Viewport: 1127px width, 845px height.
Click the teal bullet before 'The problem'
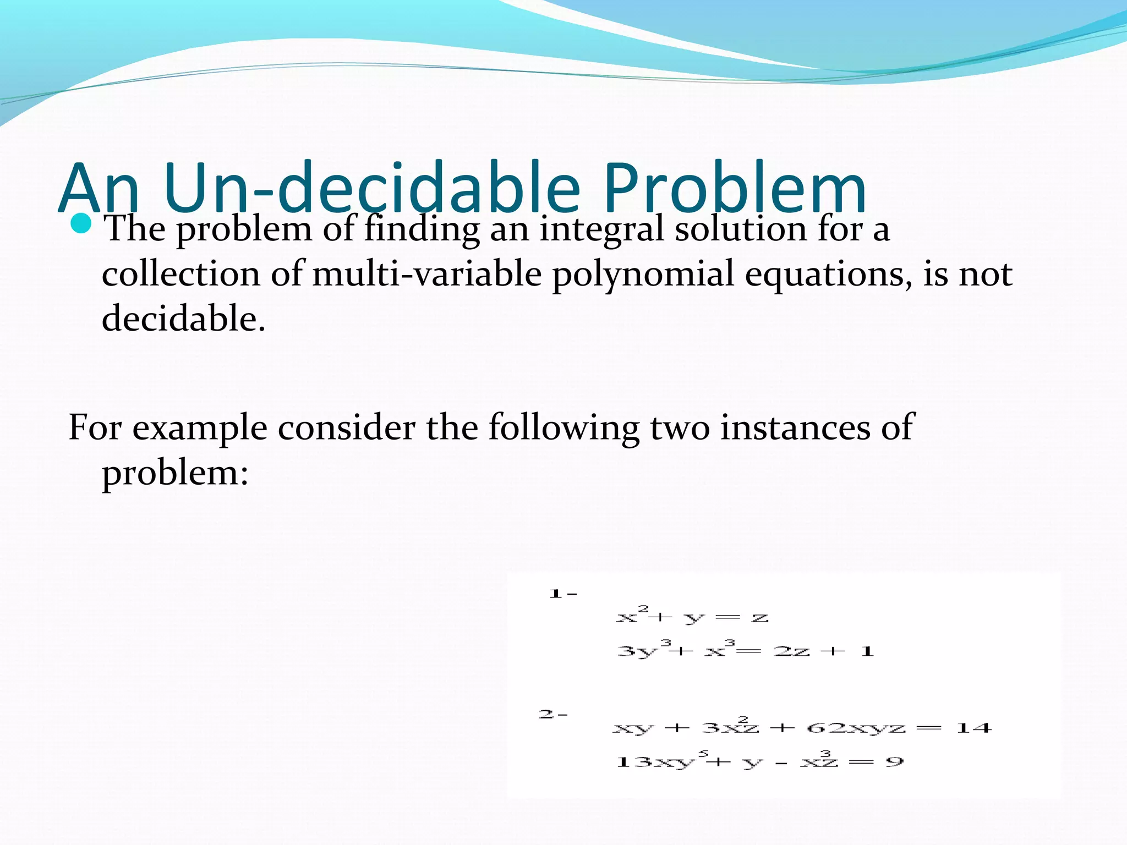click(x=81, y=224)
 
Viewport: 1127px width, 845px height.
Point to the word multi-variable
click(x=427, y=273)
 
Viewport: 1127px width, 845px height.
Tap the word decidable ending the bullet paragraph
click(x=183, y=318)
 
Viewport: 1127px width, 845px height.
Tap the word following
click(x=563, y=428)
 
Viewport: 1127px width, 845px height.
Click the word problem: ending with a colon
click(x=175, y=473)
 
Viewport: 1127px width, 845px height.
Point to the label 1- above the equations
click(x=562, y=594)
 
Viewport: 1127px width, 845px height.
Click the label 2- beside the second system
click(x=552, y=715)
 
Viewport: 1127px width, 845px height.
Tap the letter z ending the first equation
click(x=760, y=618)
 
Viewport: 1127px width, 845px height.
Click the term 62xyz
click(x=856, y=728)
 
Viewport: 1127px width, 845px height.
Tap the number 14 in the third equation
click(x=974, y=728)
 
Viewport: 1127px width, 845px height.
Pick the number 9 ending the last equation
click(x=895, y=762)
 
